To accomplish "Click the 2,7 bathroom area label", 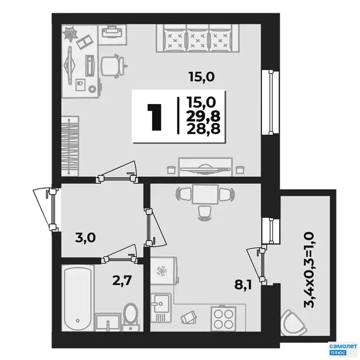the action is point(122,280).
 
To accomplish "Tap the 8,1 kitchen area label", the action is point(243,285).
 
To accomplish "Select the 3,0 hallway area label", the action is point(85,238).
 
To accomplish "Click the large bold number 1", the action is point(154,117).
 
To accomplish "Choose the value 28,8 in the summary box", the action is point(203,129).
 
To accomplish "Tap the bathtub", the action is point(78,298).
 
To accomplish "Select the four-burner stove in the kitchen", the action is point(223,318).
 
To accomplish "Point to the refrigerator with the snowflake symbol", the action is point(165,271).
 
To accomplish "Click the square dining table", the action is point(205,194).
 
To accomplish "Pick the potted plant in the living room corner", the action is point(70,34).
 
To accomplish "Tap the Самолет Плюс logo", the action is point(343,349).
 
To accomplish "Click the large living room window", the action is point(270,103).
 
